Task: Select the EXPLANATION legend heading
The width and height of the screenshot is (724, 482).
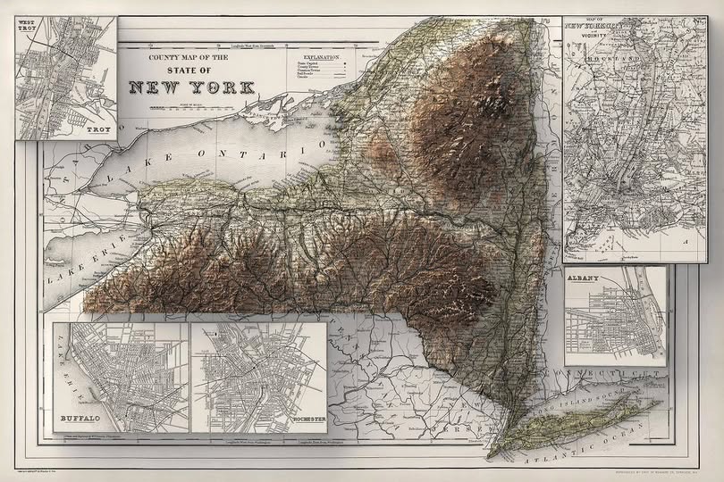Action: point(324,56)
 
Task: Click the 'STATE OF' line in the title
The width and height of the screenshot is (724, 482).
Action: point(189,70)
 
